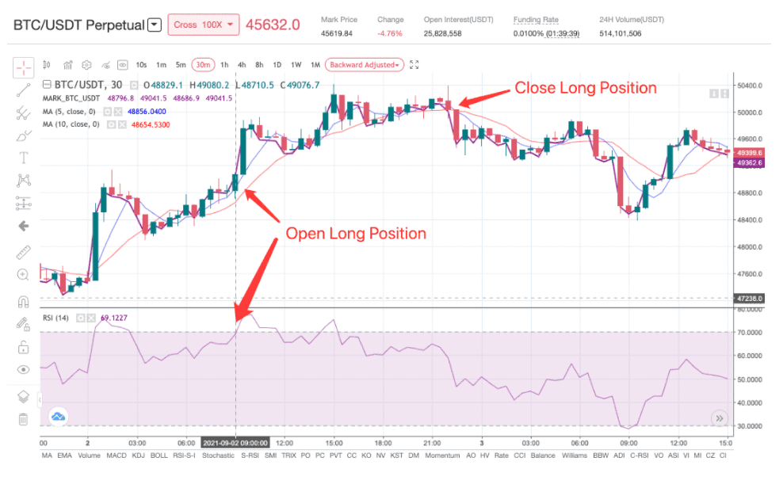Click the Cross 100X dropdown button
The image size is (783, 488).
point(203,25)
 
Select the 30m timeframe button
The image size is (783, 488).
point(203,64)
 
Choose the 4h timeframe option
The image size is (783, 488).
point(241,64)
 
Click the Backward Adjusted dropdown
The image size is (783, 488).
point(365,64)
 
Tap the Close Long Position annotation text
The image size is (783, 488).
point(586,88)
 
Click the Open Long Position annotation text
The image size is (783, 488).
point(356,234)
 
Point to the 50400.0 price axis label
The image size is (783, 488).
point(748,85)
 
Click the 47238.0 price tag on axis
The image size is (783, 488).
point(749,299)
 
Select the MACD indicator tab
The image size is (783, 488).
point(116,456)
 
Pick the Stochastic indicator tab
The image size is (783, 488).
point(218,456)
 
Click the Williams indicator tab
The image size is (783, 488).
point(575,456)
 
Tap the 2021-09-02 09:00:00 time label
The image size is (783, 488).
point(235,443)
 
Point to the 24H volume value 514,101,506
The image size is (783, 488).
point(632,33)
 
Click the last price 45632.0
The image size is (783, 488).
point(273,25)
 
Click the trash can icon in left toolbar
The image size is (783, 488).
point(23,419)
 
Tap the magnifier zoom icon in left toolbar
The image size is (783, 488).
point(23,274)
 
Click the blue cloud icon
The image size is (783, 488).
point(59,416)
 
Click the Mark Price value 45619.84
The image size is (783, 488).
point(338,33)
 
